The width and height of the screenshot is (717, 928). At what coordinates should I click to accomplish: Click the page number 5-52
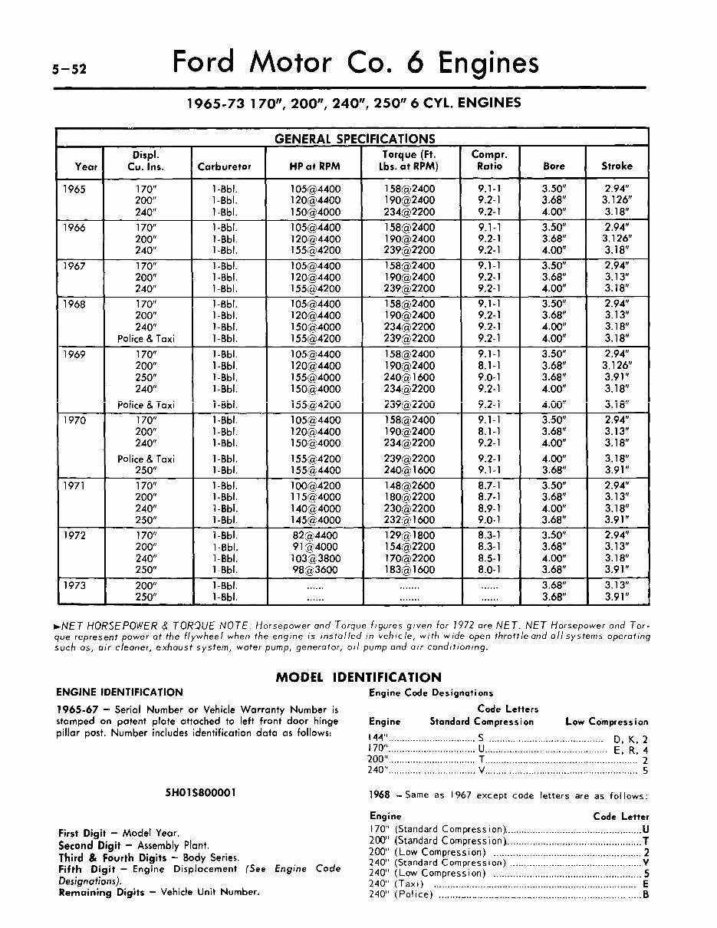pyautogui.click(x=69, y=70)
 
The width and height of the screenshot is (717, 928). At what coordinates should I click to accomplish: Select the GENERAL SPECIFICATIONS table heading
pyautogui.click(x=354, y=139)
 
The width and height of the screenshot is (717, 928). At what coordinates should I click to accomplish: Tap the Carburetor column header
pyautogui.click(x=224, y=166)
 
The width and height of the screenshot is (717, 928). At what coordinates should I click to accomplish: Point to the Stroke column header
pyautogui.click(x=617, y=166)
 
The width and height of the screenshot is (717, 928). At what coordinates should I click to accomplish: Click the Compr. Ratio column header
pyautogui.click(x=489, y=160)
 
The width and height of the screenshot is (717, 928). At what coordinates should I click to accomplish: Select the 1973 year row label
pyautogui.click(x=75, y=585)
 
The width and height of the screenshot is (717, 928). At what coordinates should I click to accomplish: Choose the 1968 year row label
pyautogui.click(x=75, y=304)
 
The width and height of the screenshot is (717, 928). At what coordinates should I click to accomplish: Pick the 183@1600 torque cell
pyautogui.click(x=410, y=570)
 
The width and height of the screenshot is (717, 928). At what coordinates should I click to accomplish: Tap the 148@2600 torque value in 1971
pyautogui.click(x=410, y=485)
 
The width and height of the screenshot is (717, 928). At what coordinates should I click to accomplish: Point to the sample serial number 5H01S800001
pyautogui.click(x=199, y=793)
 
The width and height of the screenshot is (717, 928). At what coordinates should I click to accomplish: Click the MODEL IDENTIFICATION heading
pyautogui.click(x=358, y=677)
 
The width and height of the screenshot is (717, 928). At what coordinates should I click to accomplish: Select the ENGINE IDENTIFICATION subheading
pyautogui.click(x=120, y=692)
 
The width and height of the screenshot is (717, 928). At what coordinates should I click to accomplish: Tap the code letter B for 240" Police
pyautogui.click(x=646, y=894)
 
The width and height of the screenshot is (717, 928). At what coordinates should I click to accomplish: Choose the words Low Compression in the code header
pyautogui.click(x=606, y=722)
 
